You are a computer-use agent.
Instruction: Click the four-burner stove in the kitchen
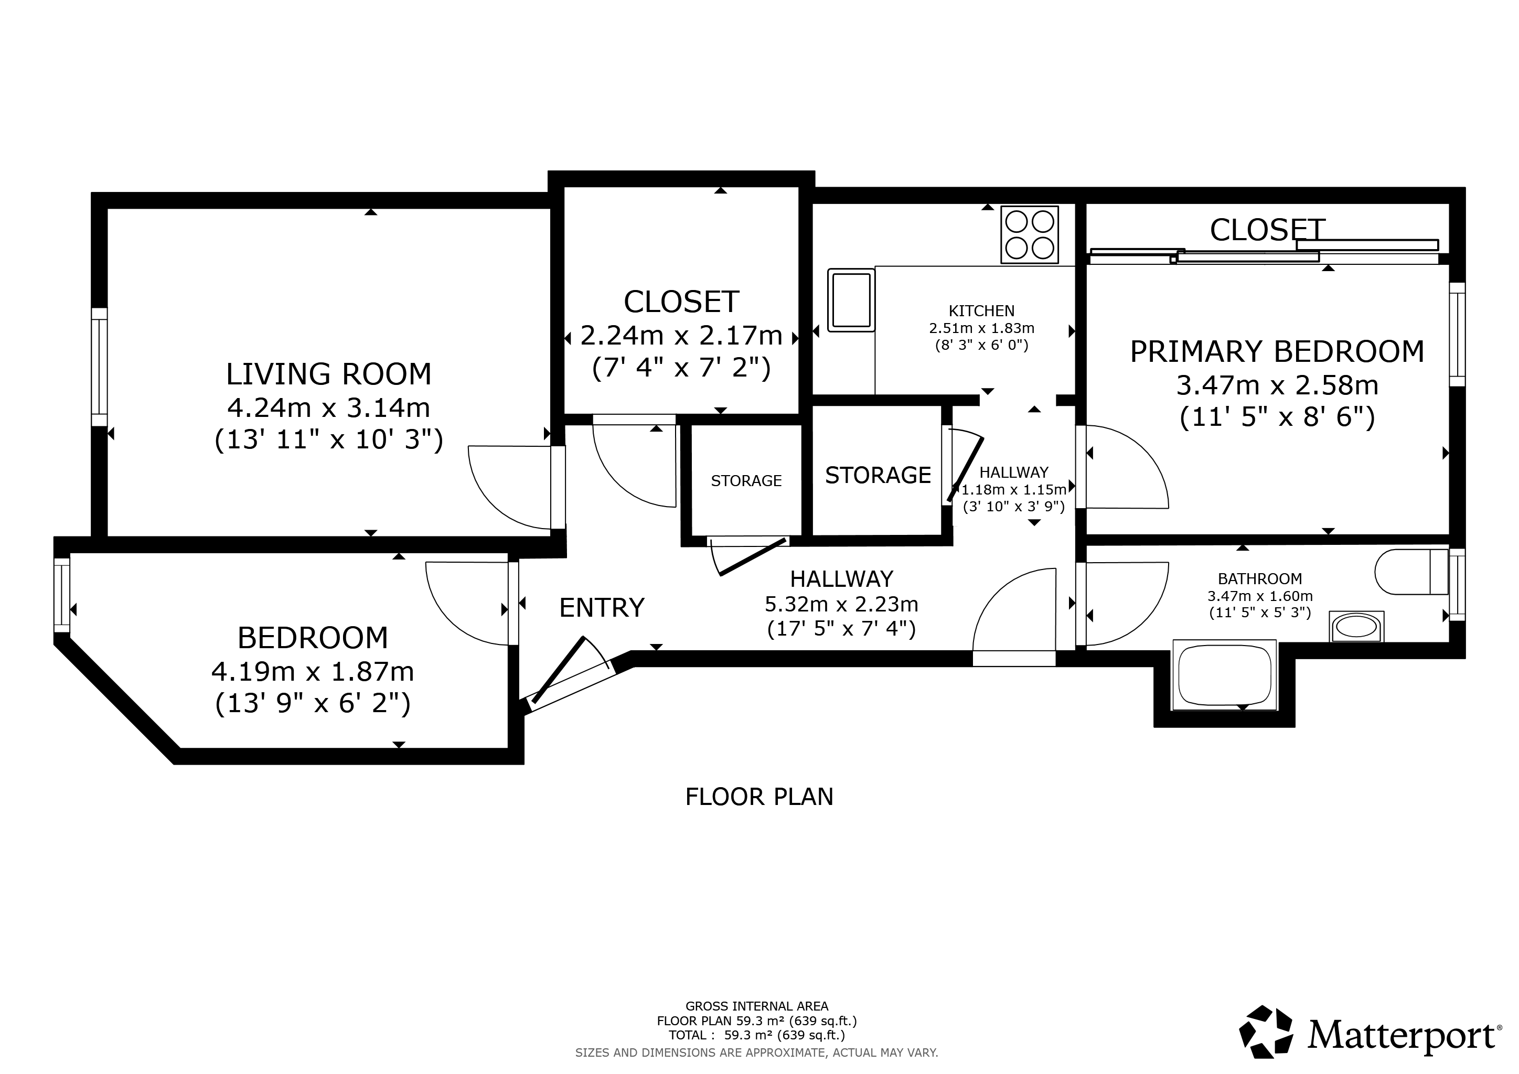pos(1030,235)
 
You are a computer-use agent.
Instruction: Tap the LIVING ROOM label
pos(329,374)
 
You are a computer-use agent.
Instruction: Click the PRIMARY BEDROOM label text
pos(1277,351)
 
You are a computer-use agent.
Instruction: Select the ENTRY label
pos(602,607)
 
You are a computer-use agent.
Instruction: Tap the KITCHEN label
pos(982,311)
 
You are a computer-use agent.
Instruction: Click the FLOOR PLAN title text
pos(759,797)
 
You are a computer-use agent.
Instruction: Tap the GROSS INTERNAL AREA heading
pos(756,1006)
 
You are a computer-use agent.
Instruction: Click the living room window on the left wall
pos(99,367)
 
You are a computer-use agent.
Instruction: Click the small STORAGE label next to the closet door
pos(746,481)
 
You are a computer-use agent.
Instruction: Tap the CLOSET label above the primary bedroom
pos(1267,230)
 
